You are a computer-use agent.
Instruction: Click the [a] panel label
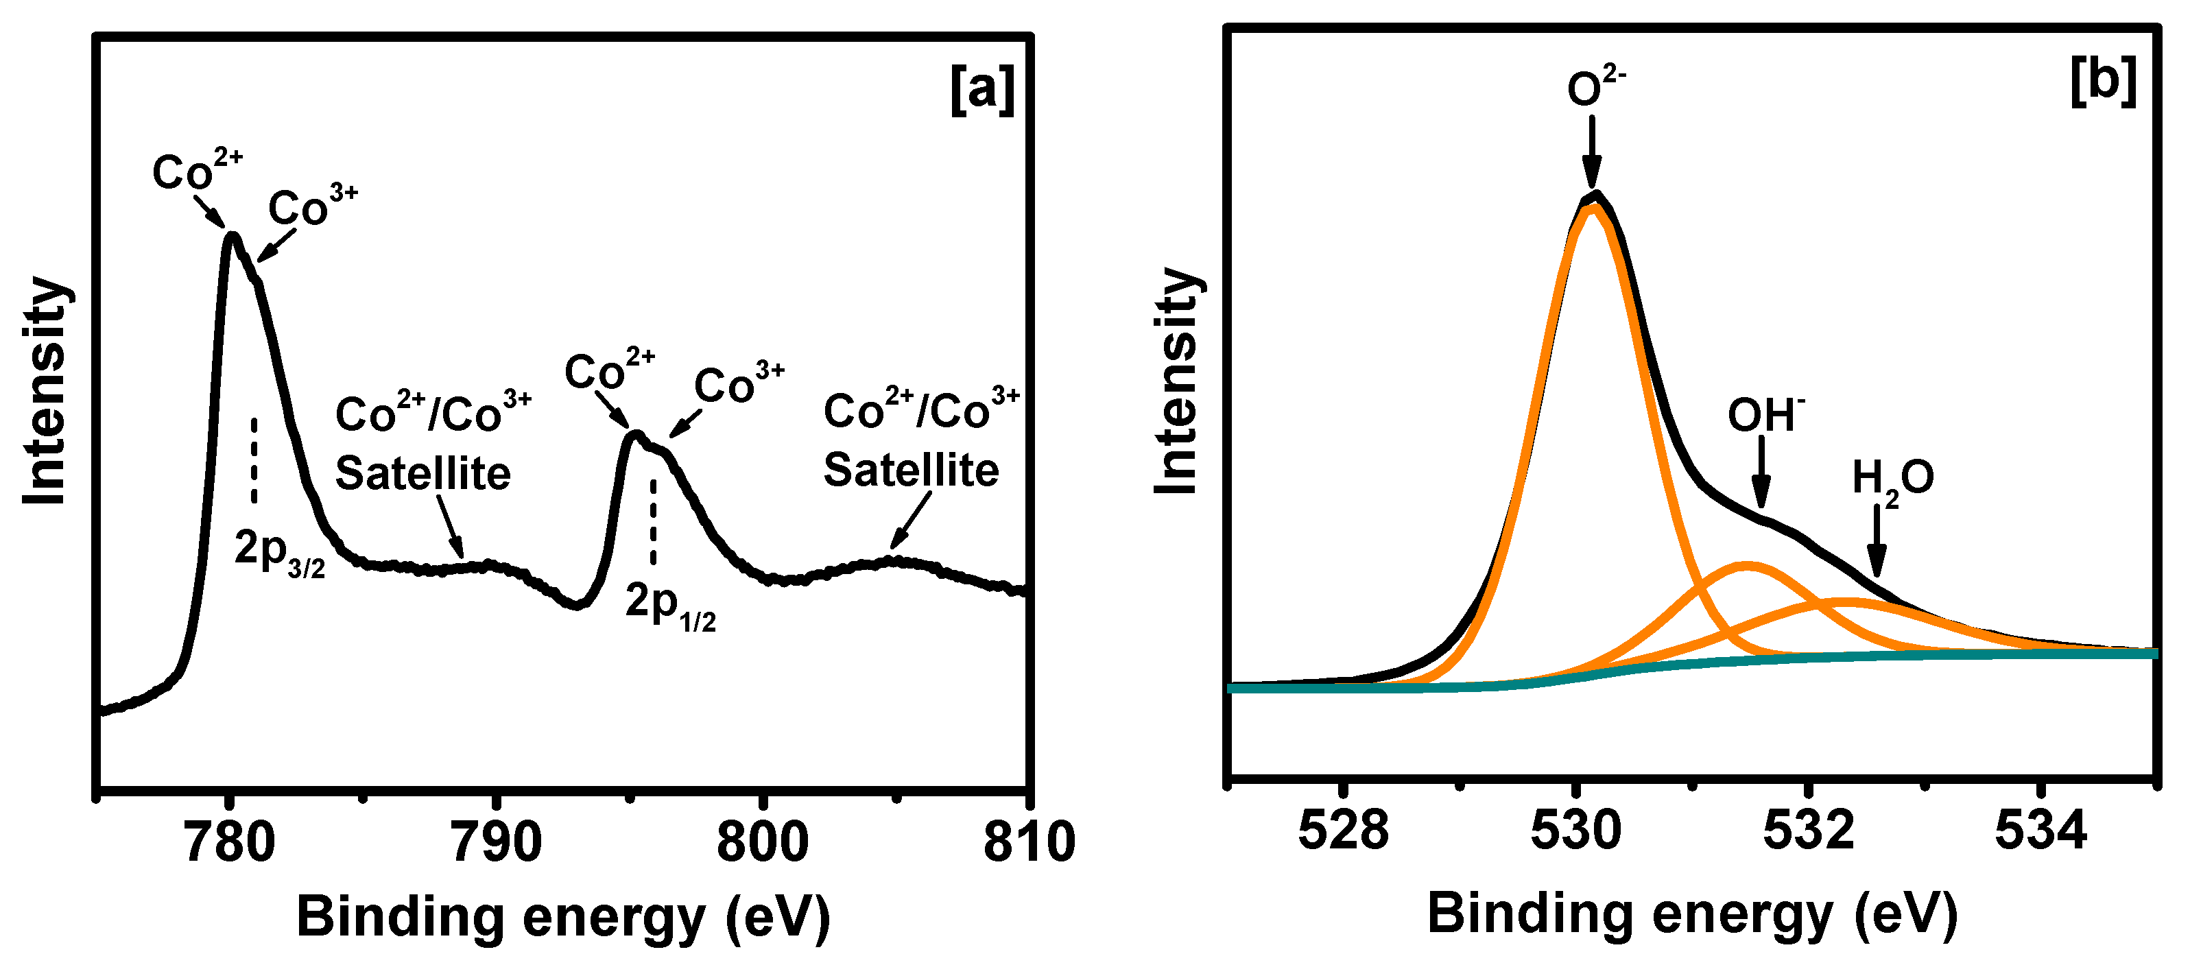982,88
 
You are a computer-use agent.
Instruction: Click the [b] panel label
2102,81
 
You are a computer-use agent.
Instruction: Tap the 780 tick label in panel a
230,842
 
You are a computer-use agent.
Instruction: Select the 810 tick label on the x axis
1029,842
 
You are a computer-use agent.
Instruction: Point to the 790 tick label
497,842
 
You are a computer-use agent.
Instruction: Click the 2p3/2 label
279,553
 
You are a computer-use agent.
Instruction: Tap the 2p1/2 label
670,606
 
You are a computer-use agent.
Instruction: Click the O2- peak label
1596,86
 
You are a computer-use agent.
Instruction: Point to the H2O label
1892,480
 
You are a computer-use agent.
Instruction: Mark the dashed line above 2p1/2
653,521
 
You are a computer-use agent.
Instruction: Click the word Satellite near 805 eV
911,470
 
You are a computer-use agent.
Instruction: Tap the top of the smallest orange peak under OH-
1747,564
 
